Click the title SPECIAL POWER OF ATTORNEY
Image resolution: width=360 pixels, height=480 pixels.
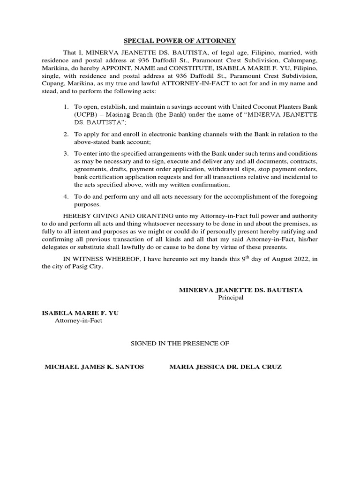point(180,41)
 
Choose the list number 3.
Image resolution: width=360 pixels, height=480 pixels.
point(67,154)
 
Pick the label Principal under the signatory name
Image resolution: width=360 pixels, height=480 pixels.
point(231,299)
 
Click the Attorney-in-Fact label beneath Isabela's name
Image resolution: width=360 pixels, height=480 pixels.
point(79,321)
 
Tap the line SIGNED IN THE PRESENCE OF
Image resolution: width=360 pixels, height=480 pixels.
point(180,344)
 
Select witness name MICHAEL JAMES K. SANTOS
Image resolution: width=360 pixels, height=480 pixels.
point(94,367)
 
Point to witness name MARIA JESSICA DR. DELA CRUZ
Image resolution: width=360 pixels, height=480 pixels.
point(225,367)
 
